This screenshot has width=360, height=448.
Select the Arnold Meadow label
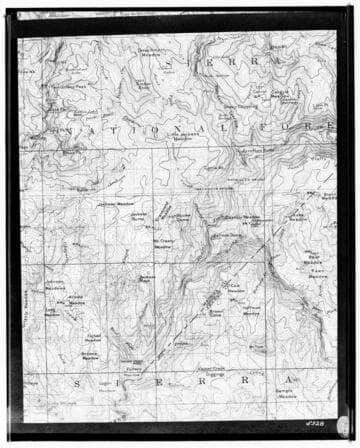pos(74,300)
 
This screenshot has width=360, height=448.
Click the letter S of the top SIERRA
pos(177,62)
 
